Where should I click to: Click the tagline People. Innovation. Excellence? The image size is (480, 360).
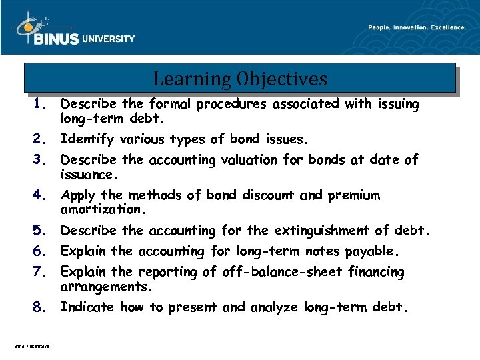tap(417, 27)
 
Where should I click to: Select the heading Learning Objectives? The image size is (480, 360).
tap(240, 79)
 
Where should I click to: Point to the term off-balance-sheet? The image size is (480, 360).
tap(275, 272)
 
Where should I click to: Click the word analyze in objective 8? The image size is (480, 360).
tap(275, 307)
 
